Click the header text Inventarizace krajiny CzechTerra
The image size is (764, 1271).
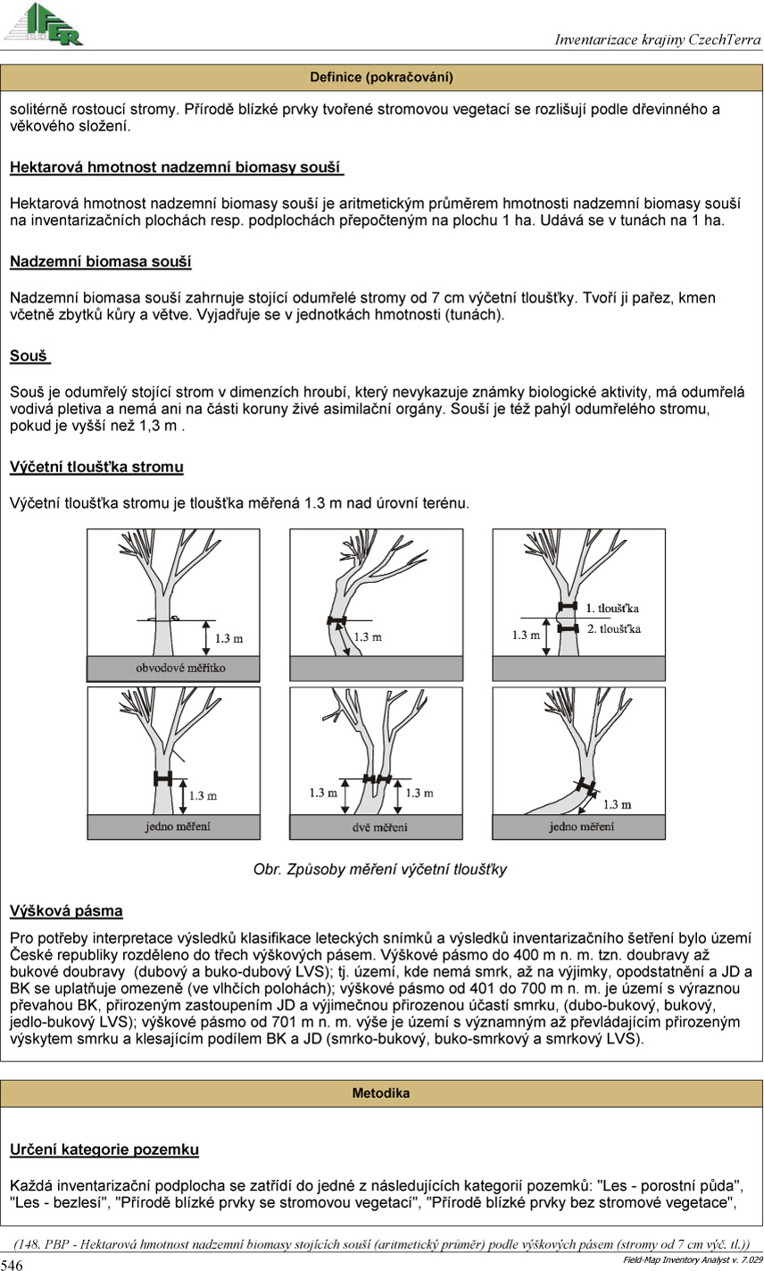pyautogui.click(x=657, y=40)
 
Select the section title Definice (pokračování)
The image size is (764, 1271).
pyautogui.click(x=381, y=78)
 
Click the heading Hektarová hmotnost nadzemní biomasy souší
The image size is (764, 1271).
pyautogui.click(x=177, y=167)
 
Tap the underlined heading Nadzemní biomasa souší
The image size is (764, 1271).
pyautogui.click(x=100, y=262)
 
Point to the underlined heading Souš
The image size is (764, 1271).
pyautogui.click(x=29, y=356)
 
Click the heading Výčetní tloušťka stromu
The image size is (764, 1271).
pyautogui.click(x=96, y=467)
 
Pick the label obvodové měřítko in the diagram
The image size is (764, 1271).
pyautogui.click(x=173, y=668)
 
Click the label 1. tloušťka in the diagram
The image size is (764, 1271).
pyautogui.click(x=613, y=608)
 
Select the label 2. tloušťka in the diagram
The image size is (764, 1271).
pyautogui.click(x=614, y=628)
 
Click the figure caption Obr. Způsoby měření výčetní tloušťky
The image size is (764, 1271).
pyautogui.click(x=380, y=869)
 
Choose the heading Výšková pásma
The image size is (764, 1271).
pyautogui.click(x=66, y=911)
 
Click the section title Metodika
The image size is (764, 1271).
pyautogui.click(x=381, y=1092)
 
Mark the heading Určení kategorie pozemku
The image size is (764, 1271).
pyautogui.click(x=104, y=1150)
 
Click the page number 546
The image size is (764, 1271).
pyautogui.click(x=12, y=1265)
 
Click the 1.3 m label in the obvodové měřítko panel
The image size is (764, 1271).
pyautogui.click(x=229, y=638)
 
